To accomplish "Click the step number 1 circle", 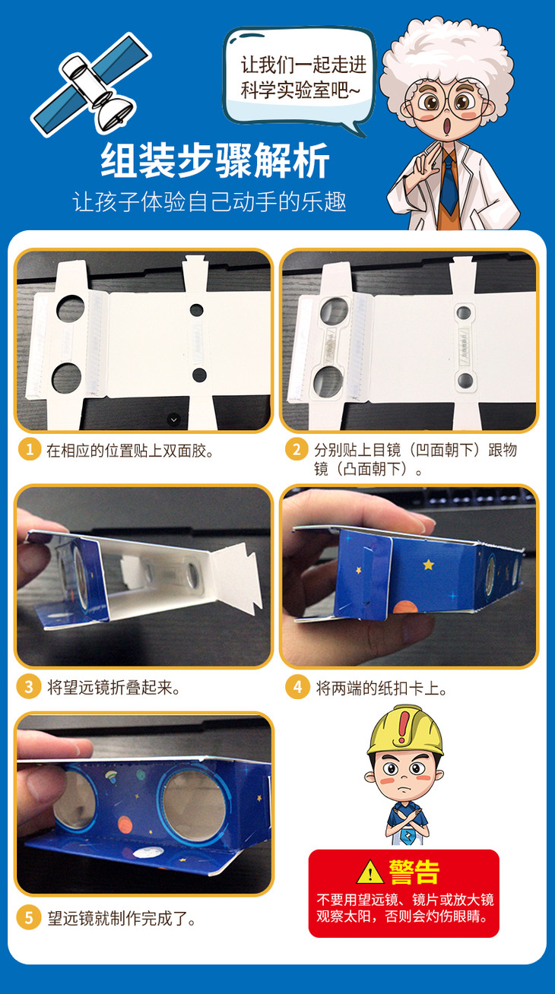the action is pyautogui.click(x=30, y=450).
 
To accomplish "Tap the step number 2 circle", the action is pyautogui.click(x=297, y=450).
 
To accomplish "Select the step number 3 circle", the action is pyautogui.click(x=29, y=688).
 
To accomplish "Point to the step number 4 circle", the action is pyautogui.click(x=297, y=688).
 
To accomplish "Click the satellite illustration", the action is pyautogui.click(x=91, y=84).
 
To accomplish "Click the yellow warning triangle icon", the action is pyautogui.click(x=369, y=872).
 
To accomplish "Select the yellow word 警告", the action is pyautogui.click(x=414, y=872).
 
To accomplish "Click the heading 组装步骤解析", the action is pyautogui.click(x=215, y=160).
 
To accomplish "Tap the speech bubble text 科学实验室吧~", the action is pyautogui.click(x=300, y=91).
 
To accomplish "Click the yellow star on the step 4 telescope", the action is pyautogui.click(x=428, y=565).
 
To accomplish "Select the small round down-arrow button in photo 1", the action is pyautogui.click(x=173, y=419).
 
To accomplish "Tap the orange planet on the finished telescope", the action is pyautogui.click(x=125, y=825).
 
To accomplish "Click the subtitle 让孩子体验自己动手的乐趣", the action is pyautogui.click(x=209, y=201).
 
